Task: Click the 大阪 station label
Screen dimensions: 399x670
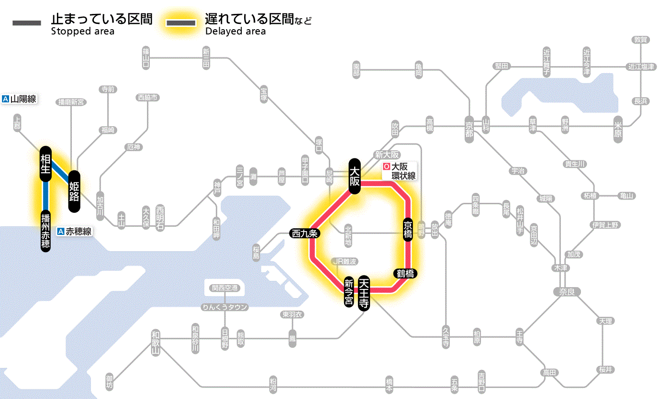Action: [354, 176]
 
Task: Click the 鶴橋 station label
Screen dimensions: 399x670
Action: [405, 274]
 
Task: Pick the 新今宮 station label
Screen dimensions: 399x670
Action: [349, 292]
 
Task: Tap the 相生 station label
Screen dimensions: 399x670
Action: [46, 164]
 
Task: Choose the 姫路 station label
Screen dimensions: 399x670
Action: [75, 191]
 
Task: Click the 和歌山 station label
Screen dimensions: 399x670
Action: [156, 343]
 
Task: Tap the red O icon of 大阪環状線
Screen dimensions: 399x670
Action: [387, 167]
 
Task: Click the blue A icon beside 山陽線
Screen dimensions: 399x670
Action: [6, 100]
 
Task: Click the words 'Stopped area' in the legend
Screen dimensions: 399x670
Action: [82, 32]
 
